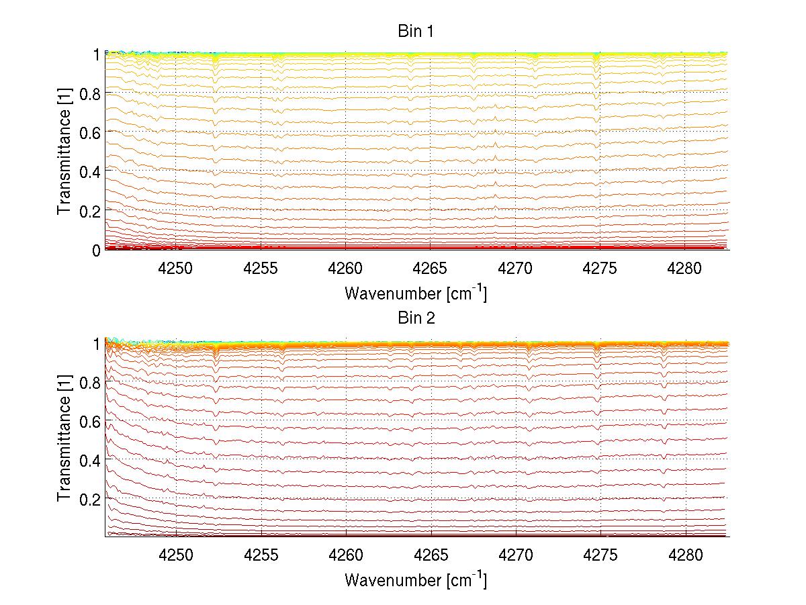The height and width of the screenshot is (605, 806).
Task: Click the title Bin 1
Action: tap(416, 31)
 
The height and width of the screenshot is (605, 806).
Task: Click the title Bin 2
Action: tap(416, 318)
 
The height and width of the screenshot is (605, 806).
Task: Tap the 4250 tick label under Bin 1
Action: tap(176, 269)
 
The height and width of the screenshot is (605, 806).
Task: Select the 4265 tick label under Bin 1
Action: tap(431, 269)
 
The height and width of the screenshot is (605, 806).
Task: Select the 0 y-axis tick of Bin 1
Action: tap(97, 250)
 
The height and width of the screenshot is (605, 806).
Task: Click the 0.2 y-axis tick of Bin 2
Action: tap(89, 498)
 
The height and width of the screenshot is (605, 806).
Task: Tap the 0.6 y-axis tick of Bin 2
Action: tap(89, 420)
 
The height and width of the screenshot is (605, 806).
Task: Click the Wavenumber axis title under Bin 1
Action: tap(416, 293)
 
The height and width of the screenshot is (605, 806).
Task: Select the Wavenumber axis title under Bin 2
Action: tap(416, 579)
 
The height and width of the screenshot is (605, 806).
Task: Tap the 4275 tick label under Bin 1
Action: tap(600, 269)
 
